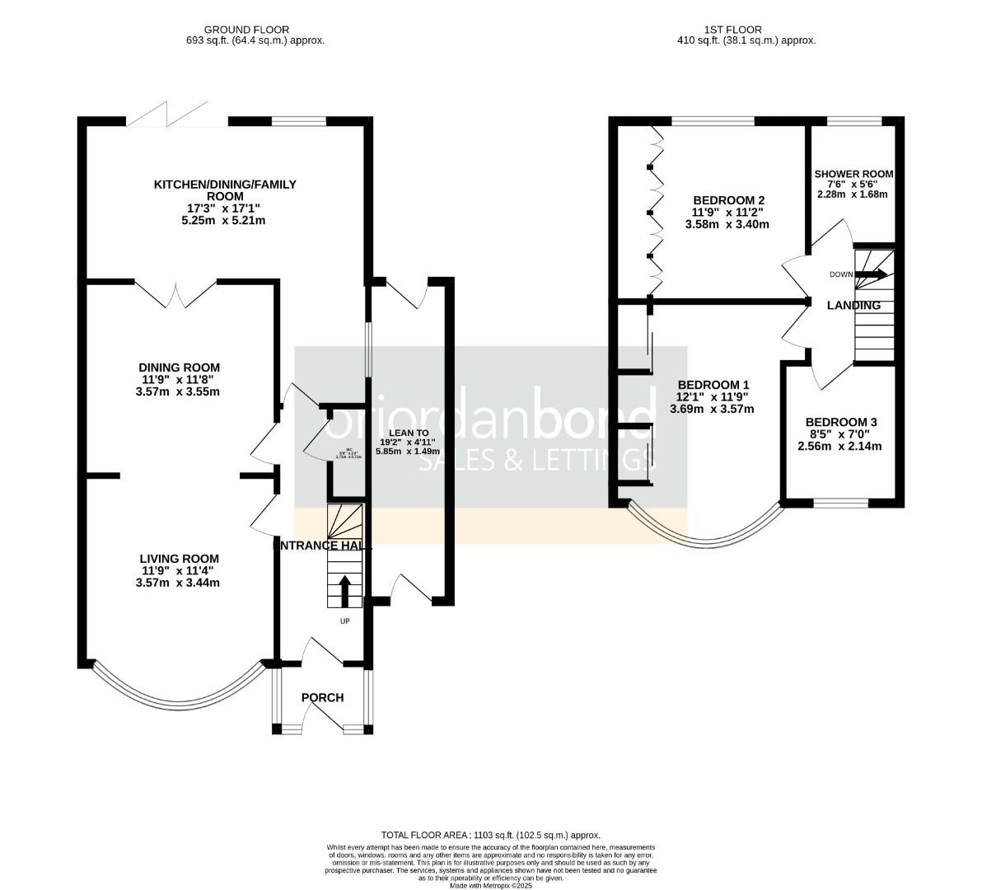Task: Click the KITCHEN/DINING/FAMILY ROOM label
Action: tap(225, 190)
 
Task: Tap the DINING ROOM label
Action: tap(179, 368)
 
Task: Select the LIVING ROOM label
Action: tap(179, 559)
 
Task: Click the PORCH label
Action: tap(322, 698)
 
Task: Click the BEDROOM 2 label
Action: tap(728, 200)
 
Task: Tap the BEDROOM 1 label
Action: tap(713, 385)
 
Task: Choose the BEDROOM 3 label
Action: tap(840, 422)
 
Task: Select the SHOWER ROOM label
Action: tap(853, 174)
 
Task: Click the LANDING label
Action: tap(853, 306)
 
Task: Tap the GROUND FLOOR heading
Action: tap(255, 30)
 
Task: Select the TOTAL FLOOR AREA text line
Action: tap(491, 835)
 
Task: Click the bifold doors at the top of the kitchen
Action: tap(176, 115)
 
